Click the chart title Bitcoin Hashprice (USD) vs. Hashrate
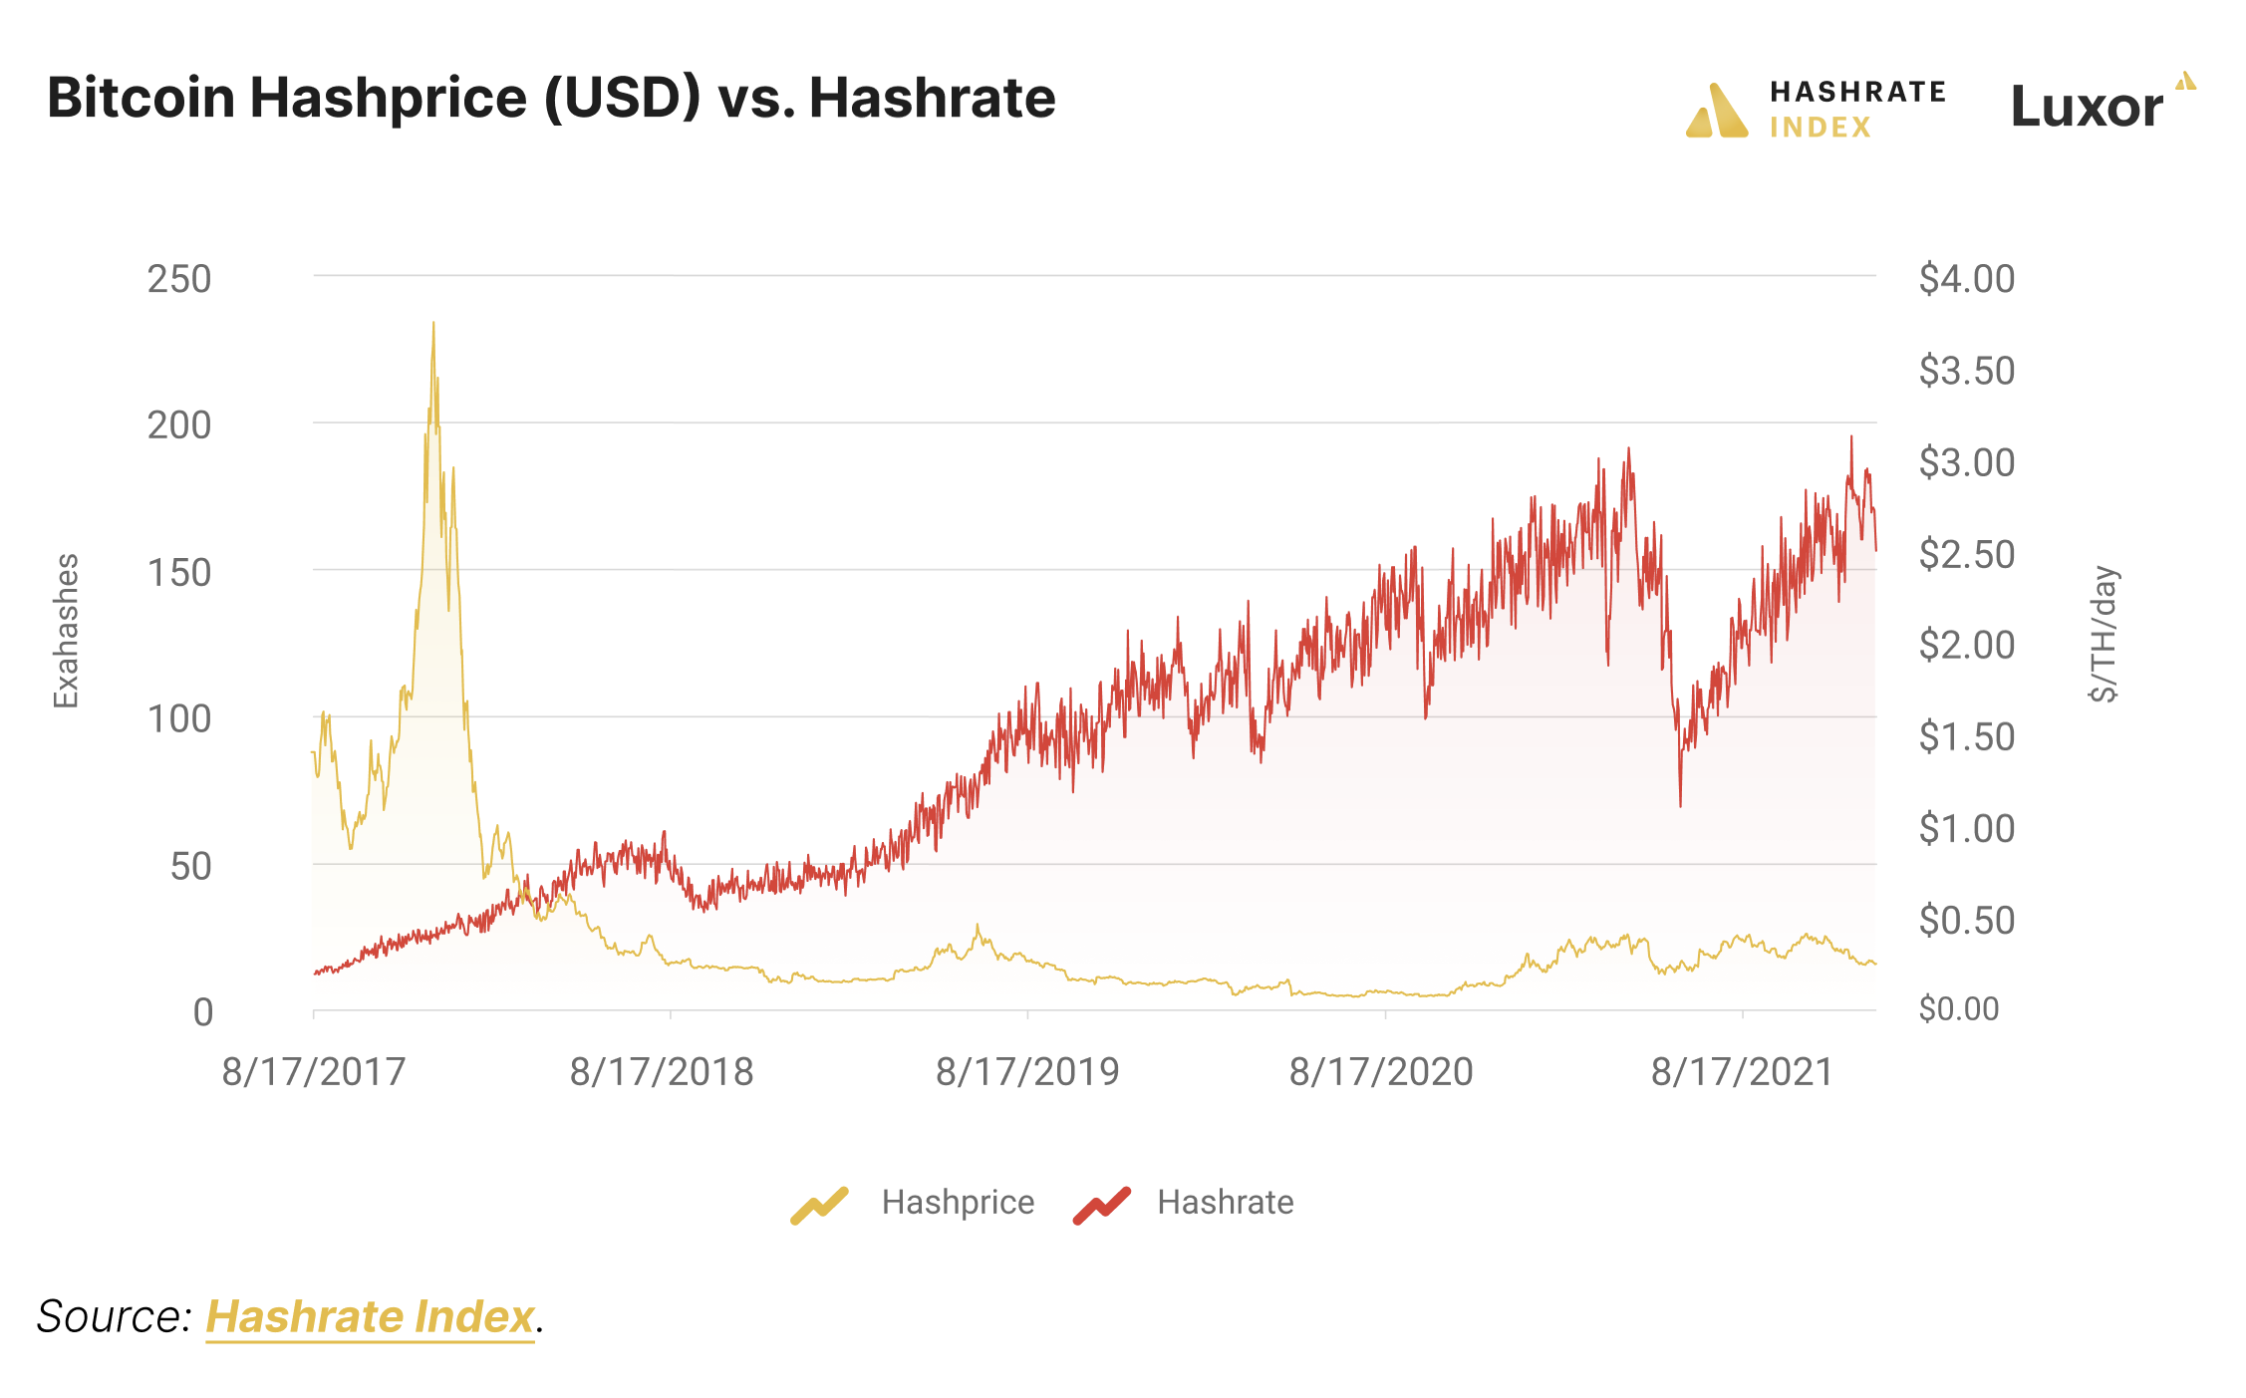click(x=550, y=98)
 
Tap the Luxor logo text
click(x=2087, y=107)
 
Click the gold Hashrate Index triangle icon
click(x=1716, y=112)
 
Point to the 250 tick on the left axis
click(x=179, y=279)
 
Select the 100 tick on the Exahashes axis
click(x=179, y=718)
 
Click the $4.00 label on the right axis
click(x=1966, y=279)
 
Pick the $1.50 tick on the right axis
click(x=1966, y=736)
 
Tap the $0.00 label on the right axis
click(x=1958, y=1009)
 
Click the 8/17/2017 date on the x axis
click(x=313, y=1072)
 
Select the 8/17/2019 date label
click(x=1027, y=1072)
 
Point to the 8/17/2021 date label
click(x=1742, y=1072)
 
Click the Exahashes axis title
click(x=66, y=631)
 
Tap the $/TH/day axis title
click(x=2103, y=634)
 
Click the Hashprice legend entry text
click(x=958, y=1203)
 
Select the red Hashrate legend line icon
click(x=1102, y=1205)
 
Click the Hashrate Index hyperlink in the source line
click(x=370, y=1317)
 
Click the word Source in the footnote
click(x=112, y=1317)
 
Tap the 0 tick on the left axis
click(x=203, y=1012)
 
